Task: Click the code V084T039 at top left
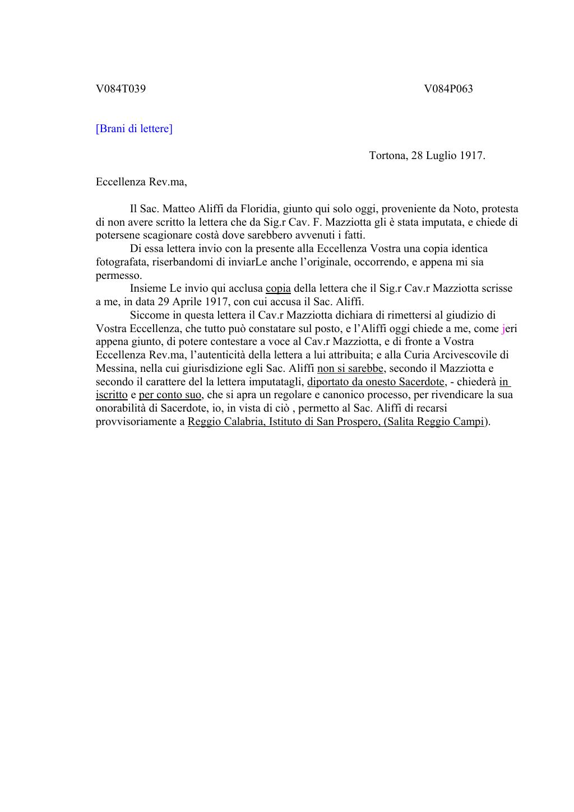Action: coord(121,88)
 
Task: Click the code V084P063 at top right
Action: coord(448,88)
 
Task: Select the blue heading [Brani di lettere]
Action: coord(134,129)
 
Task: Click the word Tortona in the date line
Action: coord(388,156)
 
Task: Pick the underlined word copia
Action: coord(278,288)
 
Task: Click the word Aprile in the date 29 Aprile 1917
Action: coord(189,302)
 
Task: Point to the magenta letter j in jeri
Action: coord(503,329)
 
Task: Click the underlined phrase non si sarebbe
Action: coord(350,368)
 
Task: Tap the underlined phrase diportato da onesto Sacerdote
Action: coord(376,382)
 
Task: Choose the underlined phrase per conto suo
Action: coord(170,395)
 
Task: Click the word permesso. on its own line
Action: coord(119,276)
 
